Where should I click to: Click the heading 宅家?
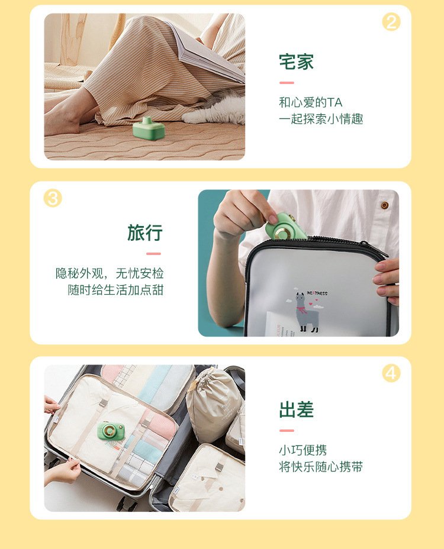tap(296, 62)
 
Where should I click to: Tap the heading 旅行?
tap(144, 233)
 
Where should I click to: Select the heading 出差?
tap(296, 409)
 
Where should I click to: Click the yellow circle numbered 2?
tap(391, 22)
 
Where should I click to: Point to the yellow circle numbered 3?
tap(53, 198)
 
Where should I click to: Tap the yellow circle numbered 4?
tap(391, 373)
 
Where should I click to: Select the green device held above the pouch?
tap(283, 227)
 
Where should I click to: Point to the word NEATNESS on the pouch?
tap(317, 293)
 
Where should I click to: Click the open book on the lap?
tap(207, 49)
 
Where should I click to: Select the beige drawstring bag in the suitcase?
tap(214, 403)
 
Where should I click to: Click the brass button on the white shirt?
tap(384, 205)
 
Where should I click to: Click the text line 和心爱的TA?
tap(310, 102)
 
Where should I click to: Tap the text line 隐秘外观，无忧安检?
tap(110, 273)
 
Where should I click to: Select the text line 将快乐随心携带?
tap(321, 467)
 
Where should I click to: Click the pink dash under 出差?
tap(287, 431)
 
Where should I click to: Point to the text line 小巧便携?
tap(303, 450)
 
